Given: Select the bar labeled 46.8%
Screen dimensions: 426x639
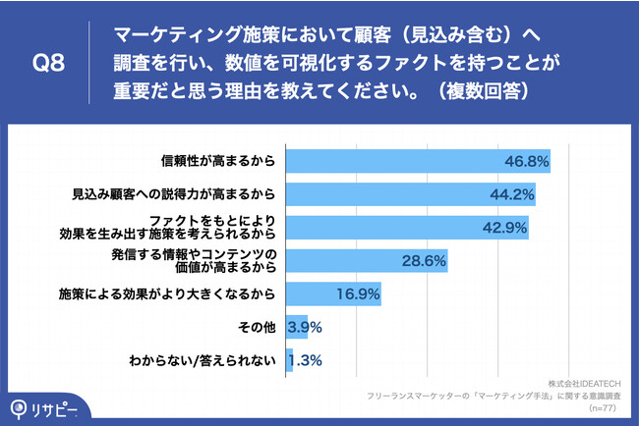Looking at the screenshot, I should coord(418,161).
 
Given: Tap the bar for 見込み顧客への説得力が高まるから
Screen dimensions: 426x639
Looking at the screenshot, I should coord(411,193).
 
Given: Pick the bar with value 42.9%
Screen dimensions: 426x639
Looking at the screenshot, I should coord(407,227).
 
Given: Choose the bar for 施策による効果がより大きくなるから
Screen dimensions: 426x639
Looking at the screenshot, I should coord(333,293).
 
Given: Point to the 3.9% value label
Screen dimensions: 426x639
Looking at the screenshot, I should coord(305,326).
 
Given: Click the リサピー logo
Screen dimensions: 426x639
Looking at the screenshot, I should coord(41,407).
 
